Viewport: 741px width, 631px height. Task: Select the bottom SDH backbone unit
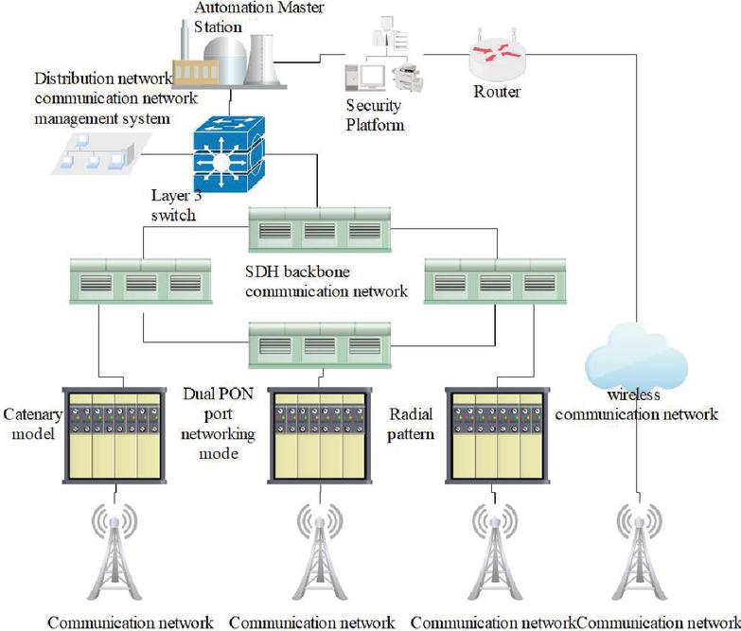318,344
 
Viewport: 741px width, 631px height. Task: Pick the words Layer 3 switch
174,205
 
